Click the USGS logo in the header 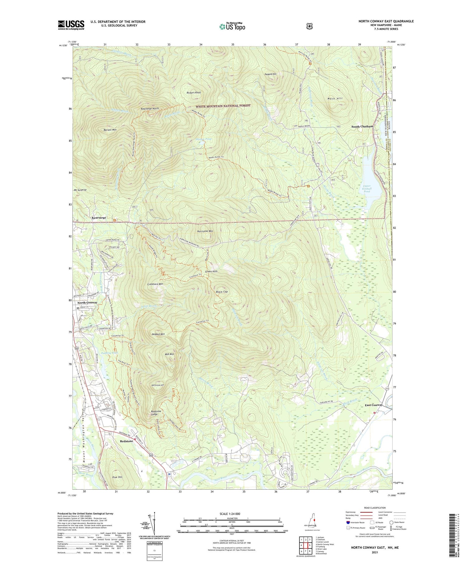click(x=71, y=25)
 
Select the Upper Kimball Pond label click(x=367, y=189)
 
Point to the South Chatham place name click(x=362, y=127)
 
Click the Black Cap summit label click(x=222, y=292)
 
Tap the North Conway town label click(x=87, y=302)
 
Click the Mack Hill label click(x=335, y=98)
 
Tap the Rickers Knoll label click(x=194, y=93)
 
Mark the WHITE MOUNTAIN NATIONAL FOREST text click(x=223, y=106)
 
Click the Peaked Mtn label click(x=158, y=334)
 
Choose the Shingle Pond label click(x=204, y=139)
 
